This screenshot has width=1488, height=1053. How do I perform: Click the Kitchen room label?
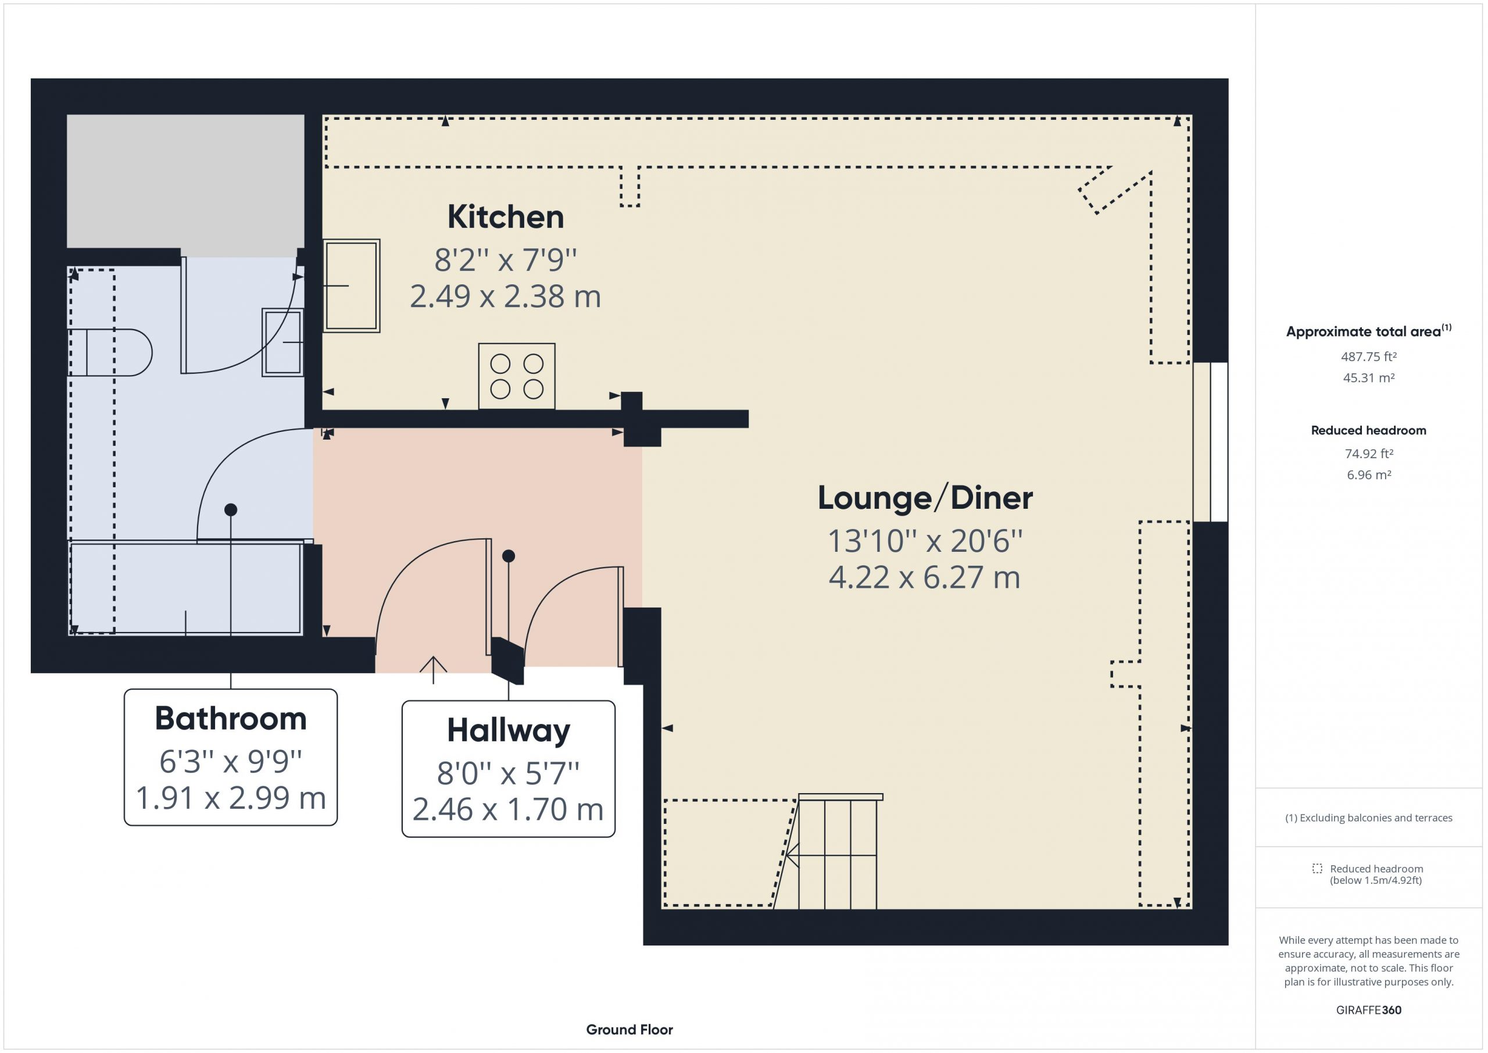pyautogui.click(x=506, y=216)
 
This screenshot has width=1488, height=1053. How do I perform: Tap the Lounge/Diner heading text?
pyautogui.click(x=925, y=498)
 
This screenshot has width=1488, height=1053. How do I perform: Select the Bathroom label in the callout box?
pyautogui.click(x=231, y=719)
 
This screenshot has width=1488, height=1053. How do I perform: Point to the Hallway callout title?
pyautogui.click(x=509, y=731)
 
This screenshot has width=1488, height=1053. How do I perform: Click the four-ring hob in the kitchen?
pyautogui.click(x=517, y=376)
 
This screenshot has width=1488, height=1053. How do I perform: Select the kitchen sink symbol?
pyautogui.click(x=351, y=285)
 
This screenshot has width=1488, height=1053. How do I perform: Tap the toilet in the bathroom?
pyautogui.click(x=110, y=352)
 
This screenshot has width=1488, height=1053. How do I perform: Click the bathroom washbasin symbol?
pyautogui.click(x=282, y=342)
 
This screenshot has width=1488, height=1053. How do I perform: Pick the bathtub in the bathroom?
pyautogui.click(x=186, y=588)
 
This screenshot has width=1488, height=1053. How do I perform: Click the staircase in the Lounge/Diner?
pyautogui.click(x=838, y=851)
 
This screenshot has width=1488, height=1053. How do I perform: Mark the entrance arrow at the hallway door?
pyautogui.click(x=433, y=670)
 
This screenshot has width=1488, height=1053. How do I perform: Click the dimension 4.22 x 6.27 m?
pyautogui.click(x=925, y=577)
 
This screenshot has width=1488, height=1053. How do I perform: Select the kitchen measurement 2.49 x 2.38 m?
pyautogui.click(x=506, y=297)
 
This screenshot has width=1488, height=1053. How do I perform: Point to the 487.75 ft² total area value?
pyautogui.click(x=1369, y=356)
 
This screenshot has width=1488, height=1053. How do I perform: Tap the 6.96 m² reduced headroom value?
pyautogui.click(x=1369, y=474)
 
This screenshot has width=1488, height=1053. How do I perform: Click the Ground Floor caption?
pyautogui.click(x=629, y=1030)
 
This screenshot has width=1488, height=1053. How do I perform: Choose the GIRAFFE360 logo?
pyautogui.click(x=1369, y=1010)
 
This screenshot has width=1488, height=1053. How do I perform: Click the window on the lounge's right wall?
pyautogui.click(x=1211, y=441)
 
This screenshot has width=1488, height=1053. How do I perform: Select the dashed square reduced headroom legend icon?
pyautogui.click(x=1317, y=868)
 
